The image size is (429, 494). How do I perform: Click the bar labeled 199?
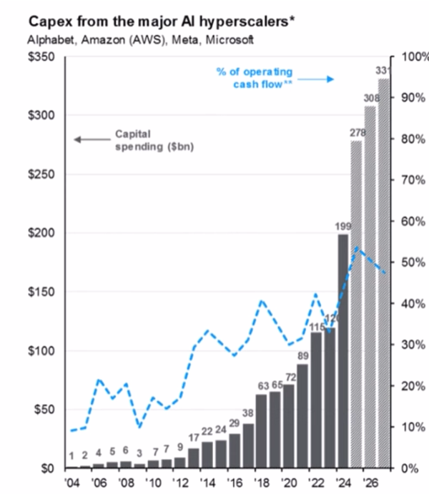click(343, 350)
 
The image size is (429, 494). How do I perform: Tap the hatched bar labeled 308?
click(370, 286)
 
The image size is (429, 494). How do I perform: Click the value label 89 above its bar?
click(302, 355)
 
